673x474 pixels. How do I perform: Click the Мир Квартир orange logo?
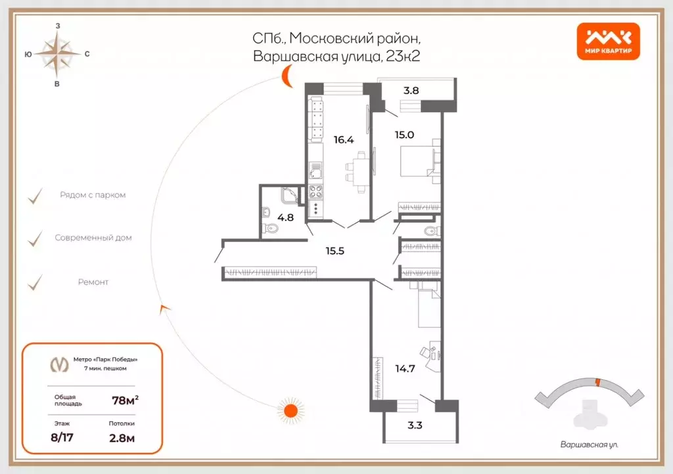click(608, 41)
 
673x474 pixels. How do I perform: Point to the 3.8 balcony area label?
click(411, 91)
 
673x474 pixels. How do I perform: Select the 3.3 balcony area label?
click(415, 425)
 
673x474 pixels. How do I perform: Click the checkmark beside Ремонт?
click(35, 282)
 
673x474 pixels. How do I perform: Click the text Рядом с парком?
click(93, 196)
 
